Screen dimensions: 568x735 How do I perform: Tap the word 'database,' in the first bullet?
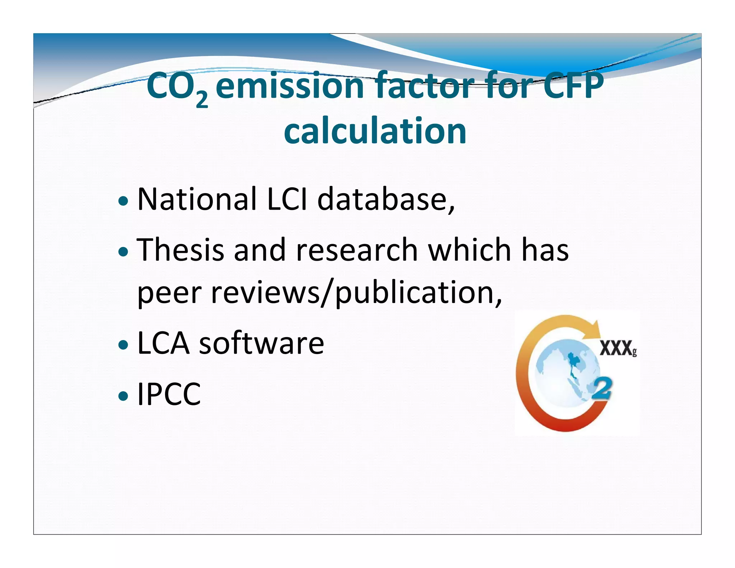tap(386, 200)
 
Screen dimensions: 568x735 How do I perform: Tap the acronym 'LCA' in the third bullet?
tap(163, 343)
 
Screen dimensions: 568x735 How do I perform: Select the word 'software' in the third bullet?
tap(261, 343)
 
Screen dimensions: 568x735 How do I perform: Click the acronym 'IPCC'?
tap(169, 394)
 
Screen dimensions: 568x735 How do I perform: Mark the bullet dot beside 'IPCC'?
tap(123, 396)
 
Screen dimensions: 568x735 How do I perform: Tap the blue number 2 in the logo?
tap(601, 388)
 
